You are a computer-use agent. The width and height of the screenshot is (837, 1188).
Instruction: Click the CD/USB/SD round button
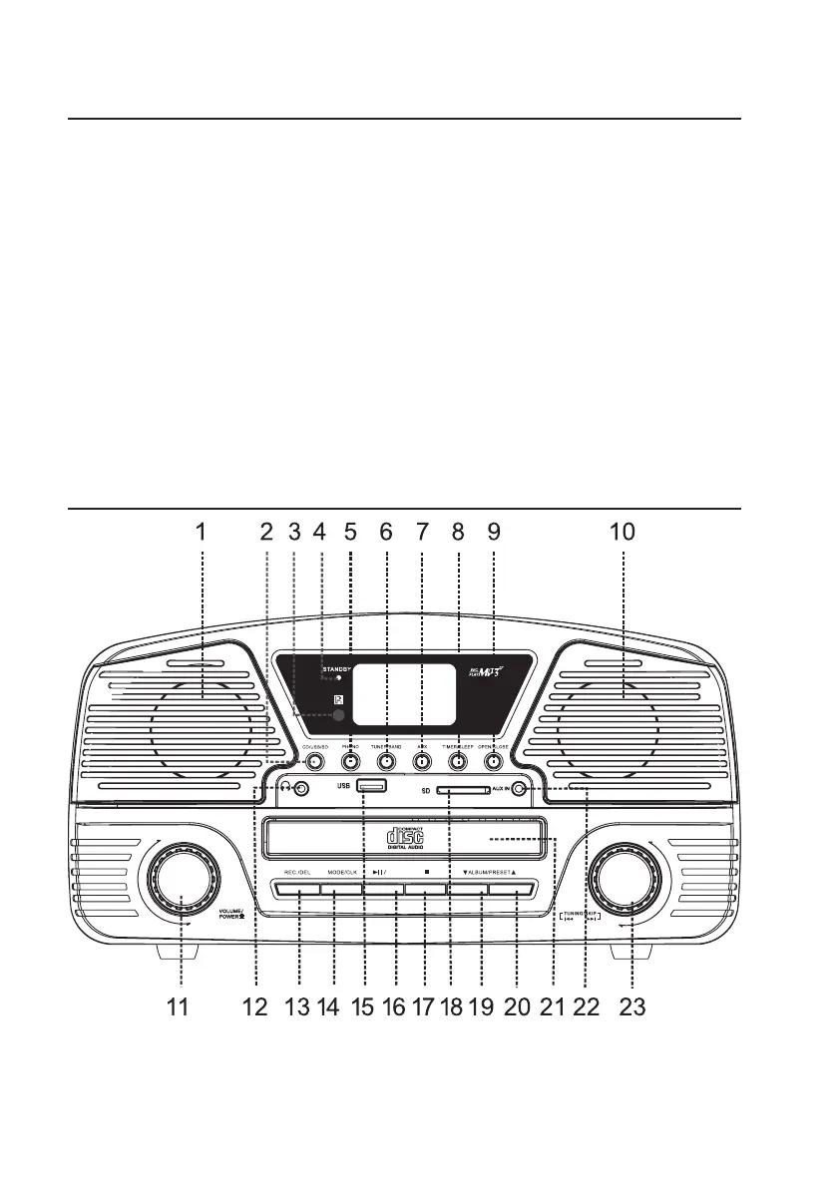point(314,761)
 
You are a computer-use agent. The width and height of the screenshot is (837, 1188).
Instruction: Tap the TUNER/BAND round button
point(386,761)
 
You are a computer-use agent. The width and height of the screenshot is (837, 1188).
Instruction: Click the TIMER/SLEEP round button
point(458,761)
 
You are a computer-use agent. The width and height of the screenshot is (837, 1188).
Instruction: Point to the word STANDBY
point(337,667)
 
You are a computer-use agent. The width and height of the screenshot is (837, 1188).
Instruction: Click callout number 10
point(622,533)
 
